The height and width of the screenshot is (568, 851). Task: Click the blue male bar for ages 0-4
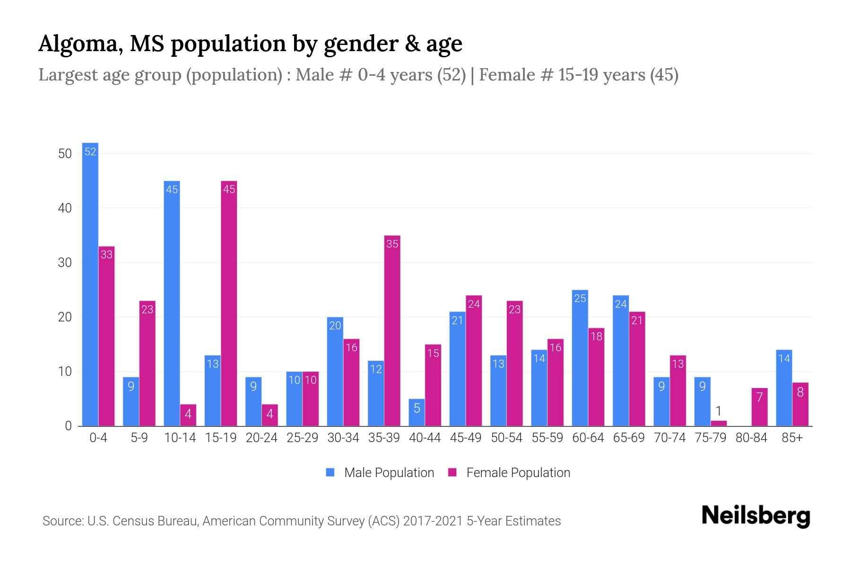tap(90, 284)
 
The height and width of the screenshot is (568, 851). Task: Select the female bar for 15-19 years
tap(229, 303)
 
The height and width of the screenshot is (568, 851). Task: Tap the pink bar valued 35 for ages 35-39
tap(392, 331)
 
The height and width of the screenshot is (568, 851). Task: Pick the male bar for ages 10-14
tap(172, 303)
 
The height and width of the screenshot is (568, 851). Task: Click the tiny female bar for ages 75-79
tap(718, 423)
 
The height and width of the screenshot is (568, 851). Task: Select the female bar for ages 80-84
tap(759, 407)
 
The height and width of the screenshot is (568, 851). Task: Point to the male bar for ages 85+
tap(784, 388)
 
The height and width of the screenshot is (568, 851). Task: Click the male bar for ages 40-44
tap(417, 413)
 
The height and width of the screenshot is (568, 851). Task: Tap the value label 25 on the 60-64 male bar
tap(580, 298)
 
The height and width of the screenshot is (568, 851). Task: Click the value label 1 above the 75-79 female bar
tap(718, 411)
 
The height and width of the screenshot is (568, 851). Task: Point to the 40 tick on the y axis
tap(65, 208)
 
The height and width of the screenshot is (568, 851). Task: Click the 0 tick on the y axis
tap(68, 426)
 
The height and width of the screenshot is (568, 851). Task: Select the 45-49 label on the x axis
tap(465, 438)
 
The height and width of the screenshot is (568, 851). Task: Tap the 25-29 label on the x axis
tap(302, 438)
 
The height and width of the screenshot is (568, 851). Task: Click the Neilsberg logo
tap(755, 516)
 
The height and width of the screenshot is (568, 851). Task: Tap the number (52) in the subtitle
tap(451, 75)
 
